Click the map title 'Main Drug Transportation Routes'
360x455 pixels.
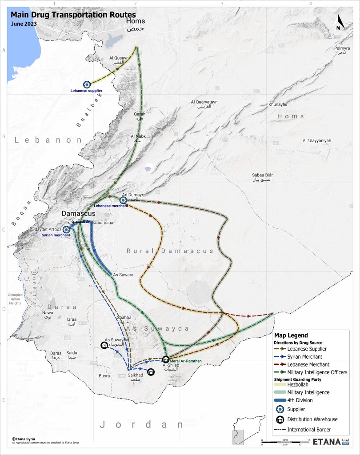73,15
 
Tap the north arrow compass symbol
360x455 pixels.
339,22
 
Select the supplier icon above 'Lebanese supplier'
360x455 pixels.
87,84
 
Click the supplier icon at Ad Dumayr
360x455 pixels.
123,200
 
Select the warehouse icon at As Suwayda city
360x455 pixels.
104,345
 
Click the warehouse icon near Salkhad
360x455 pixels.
151,372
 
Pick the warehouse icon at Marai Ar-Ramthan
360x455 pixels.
166,359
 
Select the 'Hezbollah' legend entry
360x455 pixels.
298,385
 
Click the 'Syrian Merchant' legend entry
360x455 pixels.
304,356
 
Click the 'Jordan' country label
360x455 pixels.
141,424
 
